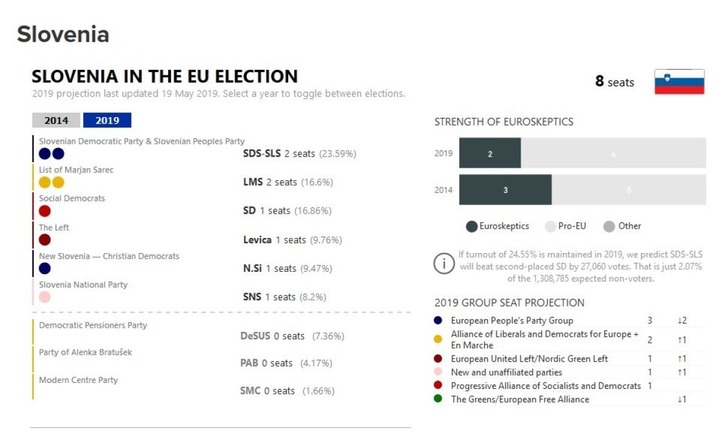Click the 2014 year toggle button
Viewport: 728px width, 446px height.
[56, 120]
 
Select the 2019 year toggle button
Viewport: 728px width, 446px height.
[107, 120]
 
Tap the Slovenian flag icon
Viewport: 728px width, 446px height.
[679, 81]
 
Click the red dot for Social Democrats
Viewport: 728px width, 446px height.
[44, 211]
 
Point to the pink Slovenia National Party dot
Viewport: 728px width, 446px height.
[44, 297]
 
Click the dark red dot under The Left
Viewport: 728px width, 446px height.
[44, 240]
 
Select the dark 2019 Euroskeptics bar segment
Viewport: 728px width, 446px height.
[490, 154]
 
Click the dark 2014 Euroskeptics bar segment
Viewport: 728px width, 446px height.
[505, 190]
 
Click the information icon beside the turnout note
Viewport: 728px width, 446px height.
[444, 263]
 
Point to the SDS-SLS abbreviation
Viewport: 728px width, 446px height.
[261, 154]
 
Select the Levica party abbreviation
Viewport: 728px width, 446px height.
[257, 240]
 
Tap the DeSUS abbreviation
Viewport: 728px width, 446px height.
[254, 336]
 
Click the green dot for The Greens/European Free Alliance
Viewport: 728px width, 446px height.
[438, 399]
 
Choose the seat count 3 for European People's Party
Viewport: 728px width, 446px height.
[650, 320]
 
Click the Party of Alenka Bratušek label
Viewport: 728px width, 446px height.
[86, 353]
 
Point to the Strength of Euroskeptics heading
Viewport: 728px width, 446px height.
[504, 122]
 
